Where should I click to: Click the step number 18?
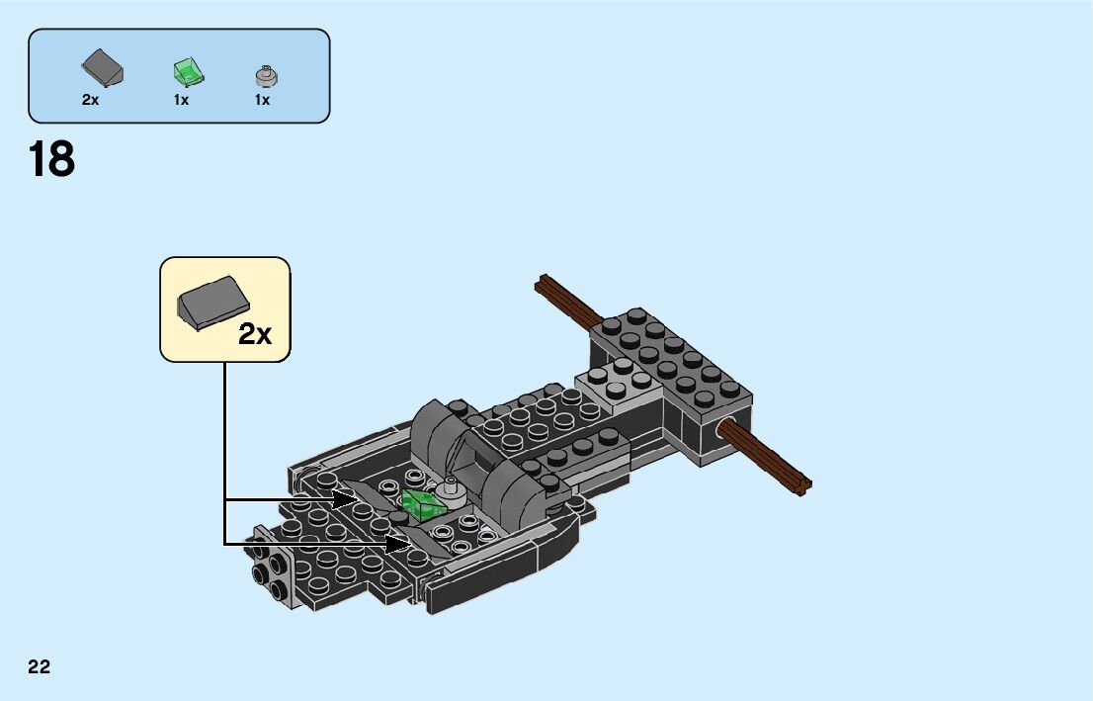[52, 159]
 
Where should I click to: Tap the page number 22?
[40, 666]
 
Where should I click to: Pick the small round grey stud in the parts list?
[265, 74]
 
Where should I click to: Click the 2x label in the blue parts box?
[91, 100]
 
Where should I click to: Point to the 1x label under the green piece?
[181, 100]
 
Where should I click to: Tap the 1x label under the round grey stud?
[262, 100]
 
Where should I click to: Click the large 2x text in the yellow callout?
[255, 334]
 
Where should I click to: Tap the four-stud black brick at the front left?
[269, 573]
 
